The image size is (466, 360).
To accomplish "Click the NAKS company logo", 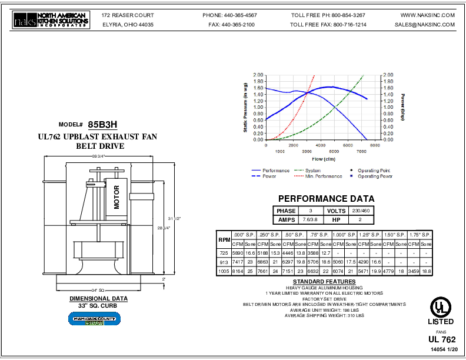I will [51, 21].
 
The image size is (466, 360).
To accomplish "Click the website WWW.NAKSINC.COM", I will [428, 15].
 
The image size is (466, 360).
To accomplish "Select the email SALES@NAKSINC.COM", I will [425, 25].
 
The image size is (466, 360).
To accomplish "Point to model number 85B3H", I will [103, 125].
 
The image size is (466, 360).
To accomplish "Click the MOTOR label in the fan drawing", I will [116, 198].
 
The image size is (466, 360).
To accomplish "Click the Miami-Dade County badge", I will [94, 318].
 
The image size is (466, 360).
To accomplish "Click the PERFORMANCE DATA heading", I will [326, 199].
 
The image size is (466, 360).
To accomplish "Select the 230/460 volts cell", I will [361, 211].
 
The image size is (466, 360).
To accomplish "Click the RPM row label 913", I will [224, 261].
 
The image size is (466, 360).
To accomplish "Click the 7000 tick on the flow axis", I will [375, 151].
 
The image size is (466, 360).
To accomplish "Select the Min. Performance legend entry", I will [322, 176].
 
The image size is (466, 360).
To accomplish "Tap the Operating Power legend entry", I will [375, 176].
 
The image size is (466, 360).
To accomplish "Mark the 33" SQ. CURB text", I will [98, 306].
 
